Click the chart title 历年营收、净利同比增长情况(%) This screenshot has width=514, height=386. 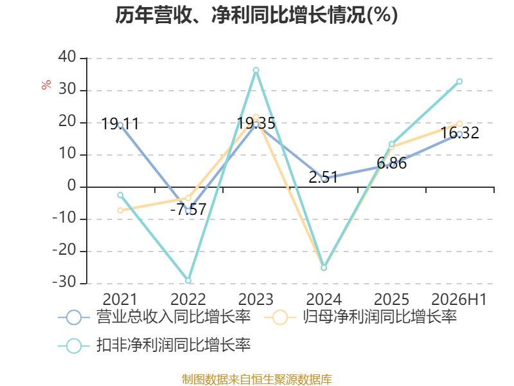[256, 15]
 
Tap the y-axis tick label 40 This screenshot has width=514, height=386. [67, 57]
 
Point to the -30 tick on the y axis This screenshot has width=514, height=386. [64, 282]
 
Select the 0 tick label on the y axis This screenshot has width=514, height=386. [72, 186]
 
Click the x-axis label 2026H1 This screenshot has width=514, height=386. [459, 299]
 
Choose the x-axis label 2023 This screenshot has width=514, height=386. [256, 299]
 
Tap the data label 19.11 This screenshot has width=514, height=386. [120, 124]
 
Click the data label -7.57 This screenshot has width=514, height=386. [188, 210]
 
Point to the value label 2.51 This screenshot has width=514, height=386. [323, 178]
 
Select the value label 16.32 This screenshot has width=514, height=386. [459, 133]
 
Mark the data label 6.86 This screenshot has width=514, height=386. [392, 163]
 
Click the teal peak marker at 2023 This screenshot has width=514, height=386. [256, 70]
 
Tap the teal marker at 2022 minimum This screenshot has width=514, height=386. [188, 280]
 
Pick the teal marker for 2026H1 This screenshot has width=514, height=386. [459, 82]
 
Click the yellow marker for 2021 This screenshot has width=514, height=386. [120, 210]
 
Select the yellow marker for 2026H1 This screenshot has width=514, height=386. [459, 124]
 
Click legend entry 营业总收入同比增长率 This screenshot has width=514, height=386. [154, 317]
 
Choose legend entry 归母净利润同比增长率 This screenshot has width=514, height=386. [360, 317]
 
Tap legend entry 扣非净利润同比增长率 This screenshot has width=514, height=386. [154, 345]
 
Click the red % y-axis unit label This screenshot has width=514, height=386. [46, 84]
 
